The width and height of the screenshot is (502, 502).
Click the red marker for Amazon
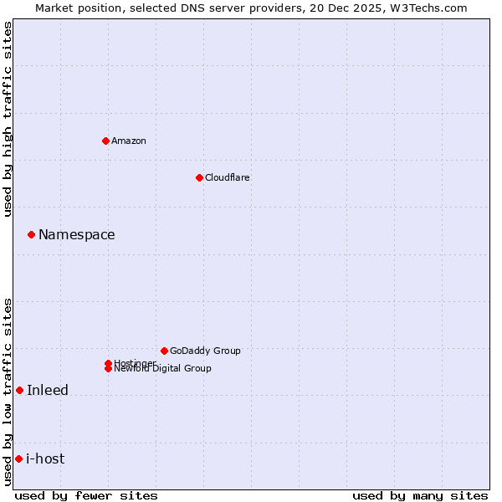[105, 141]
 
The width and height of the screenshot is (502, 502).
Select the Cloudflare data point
[199, 177]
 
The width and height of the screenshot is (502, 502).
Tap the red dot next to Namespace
[31, 235]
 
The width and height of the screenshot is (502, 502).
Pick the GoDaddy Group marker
[164, 351]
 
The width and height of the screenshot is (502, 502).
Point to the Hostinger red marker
[108, 363]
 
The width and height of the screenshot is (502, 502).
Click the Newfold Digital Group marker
[108, 369]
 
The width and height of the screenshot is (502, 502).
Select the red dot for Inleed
[19, 391]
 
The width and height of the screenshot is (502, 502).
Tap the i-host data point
[18, 458]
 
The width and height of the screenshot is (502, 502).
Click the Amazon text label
[129, 141]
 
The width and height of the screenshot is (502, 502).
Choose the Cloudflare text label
[228, 177]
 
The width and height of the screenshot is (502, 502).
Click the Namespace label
[77, 235]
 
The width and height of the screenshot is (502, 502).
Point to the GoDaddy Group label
[205, 351]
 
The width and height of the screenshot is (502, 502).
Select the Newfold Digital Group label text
[163, 369]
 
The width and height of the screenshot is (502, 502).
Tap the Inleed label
[48, 391]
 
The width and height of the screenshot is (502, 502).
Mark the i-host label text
[45, 458]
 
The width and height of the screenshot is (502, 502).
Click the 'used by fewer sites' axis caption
[86, 495]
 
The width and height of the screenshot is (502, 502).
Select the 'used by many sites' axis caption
[420, 495]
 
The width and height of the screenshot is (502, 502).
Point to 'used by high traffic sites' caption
[8, 119]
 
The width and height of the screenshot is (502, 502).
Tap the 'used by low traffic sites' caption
[8, 392]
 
